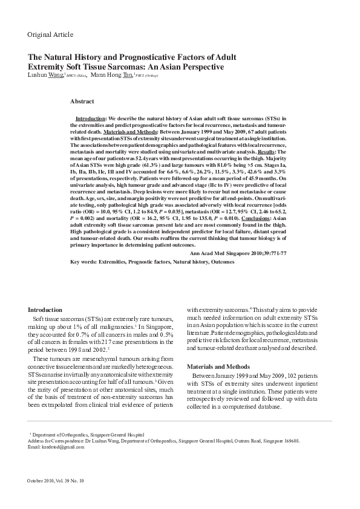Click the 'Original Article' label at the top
[50, 34]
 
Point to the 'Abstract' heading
[82, 101]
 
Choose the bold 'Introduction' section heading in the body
[45, 310]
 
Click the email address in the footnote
[51, 447]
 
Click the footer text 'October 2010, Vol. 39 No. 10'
[56, 481]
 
